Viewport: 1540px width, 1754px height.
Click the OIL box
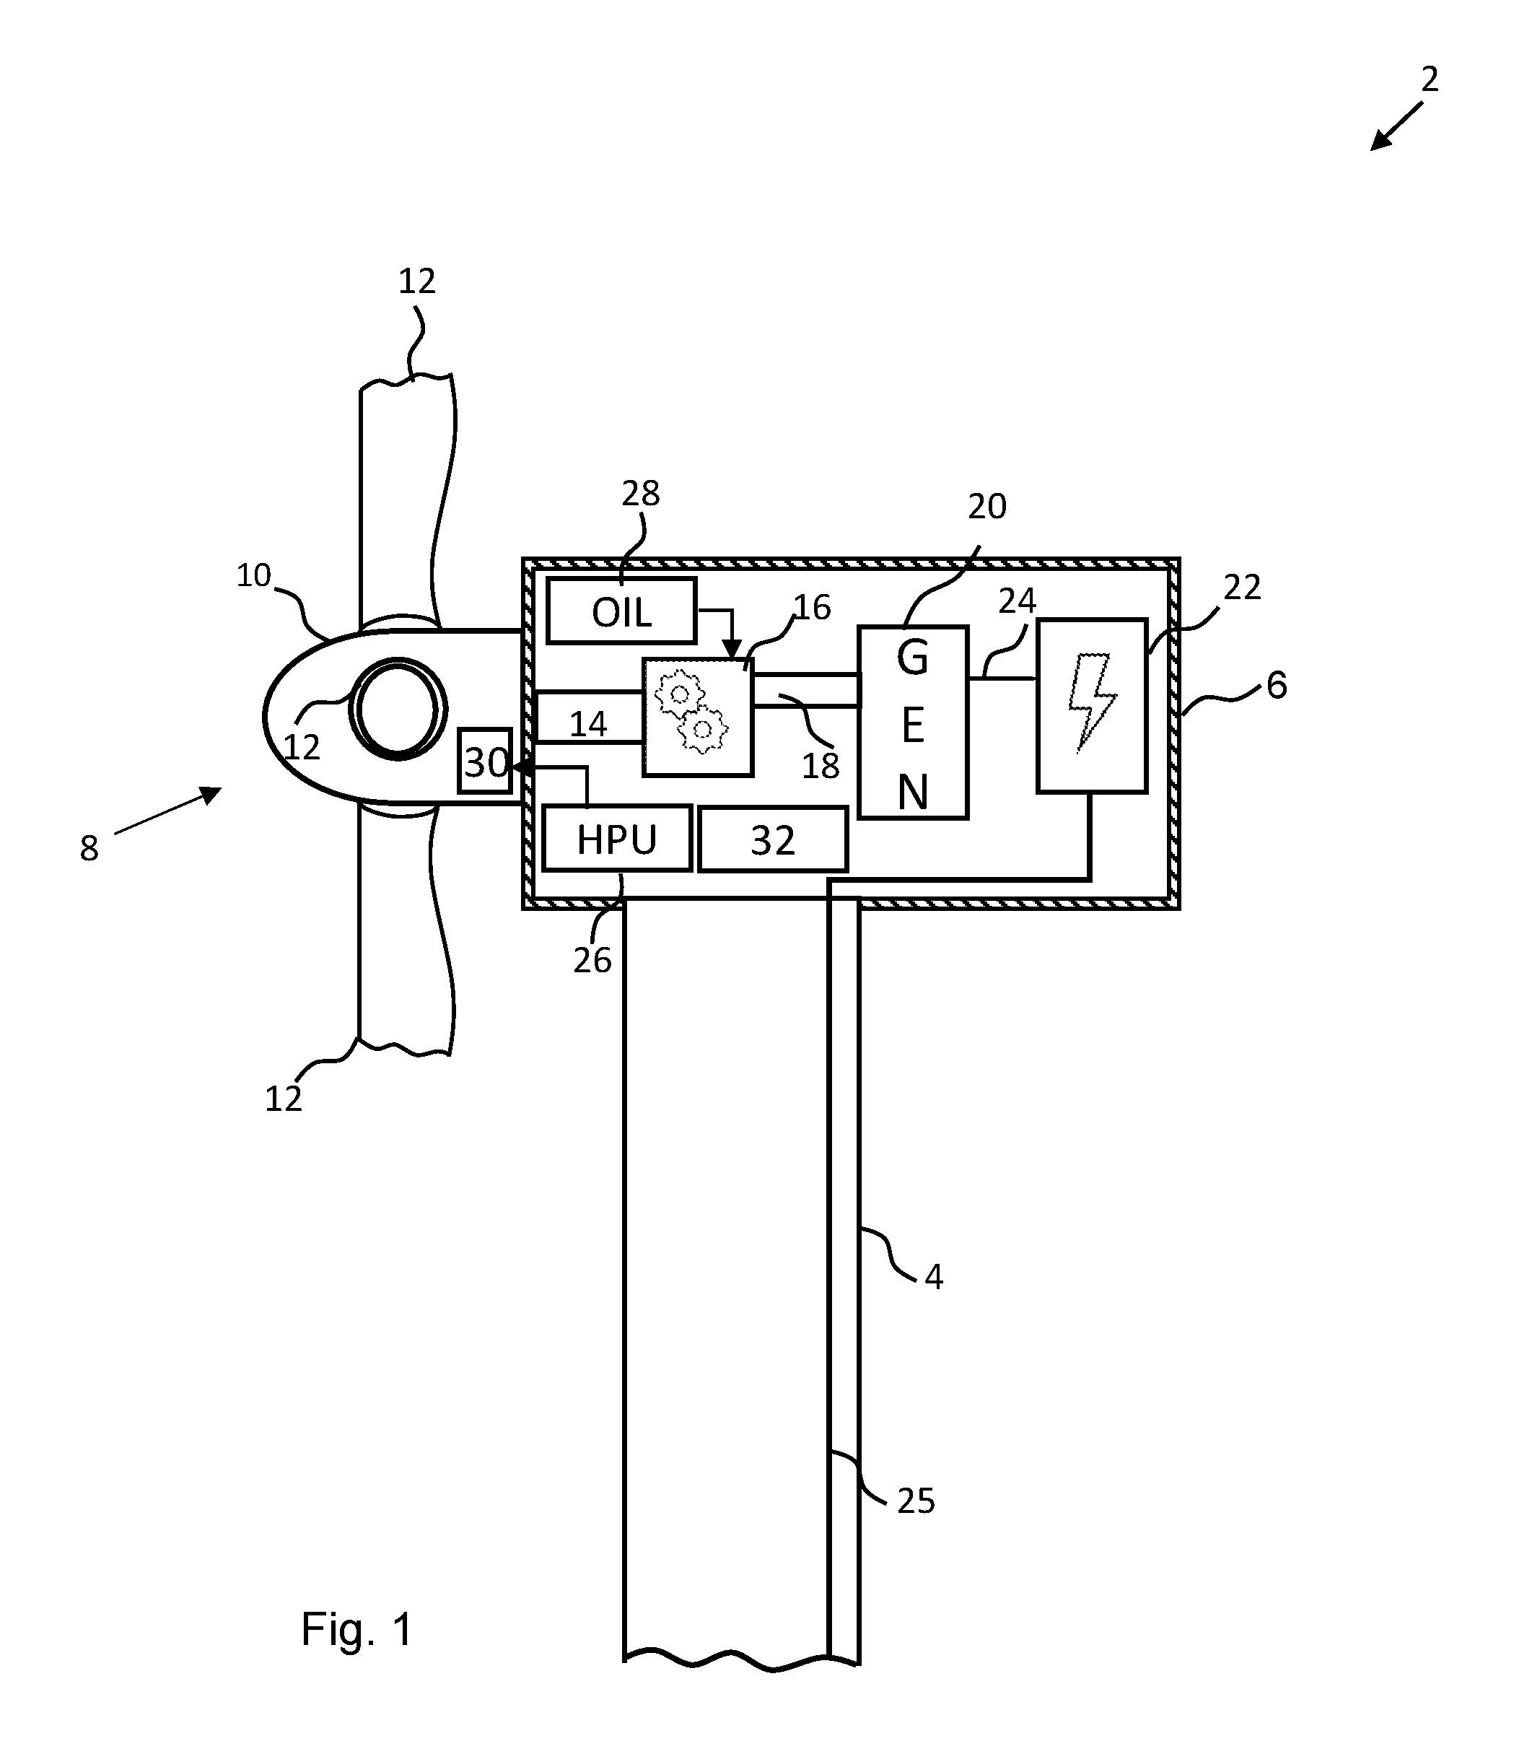pos(621,611)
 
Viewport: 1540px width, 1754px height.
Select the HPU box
pos(617,837)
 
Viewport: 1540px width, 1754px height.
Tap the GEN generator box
pos(913,723)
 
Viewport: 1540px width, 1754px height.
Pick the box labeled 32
pos(773,839)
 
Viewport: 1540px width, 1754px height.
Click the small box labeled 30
pos(485,760)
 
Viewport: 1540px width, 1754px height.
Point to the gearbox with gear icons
pos(698,717)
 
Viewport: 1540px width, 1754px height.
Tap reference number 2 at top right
pos(1430,79)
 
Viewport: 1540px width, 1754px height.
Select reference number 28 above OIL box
pos(641,494)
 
